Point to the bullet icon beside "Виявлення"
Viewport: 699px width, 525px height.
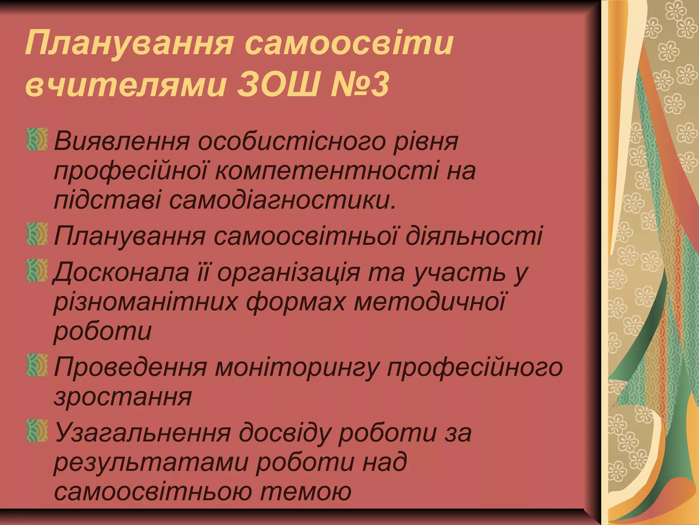[x=37, y=139]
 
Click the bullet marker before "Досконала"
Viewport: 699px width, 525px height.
[x=37, y=270]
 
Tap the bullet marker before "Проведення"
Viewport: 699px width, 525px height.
[x=37, y=365]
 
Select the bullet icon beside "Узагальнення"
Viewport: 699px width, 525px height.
[x=37, y=431]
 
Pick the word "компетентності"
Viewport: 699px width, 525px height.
[x=326, y=171]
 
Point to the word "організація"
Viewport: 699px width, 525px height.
[x=289, y=272]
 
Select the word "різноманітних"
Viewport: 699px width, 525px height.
[x=145, y=302]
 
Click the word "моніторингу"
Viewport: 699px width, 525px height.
[x=297, y=367]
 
